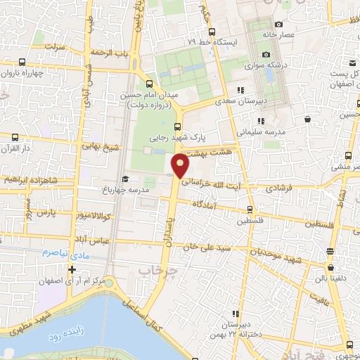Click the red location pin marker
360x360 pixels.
[x=181, y=166]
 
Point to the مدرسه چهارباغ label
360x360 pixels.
[x=146, y=190]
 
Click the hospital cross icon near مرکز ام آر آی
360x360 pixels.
[x=72, y=269]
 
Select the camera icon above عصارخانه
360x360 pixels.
[x=278, y=25]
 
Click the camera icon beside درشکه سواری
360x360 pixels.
[x=266, y=54]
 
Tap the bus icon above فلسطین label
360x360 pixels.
[x=250, y=210]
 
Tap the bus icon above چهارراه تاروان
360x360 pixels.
[x=22, y=62]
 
